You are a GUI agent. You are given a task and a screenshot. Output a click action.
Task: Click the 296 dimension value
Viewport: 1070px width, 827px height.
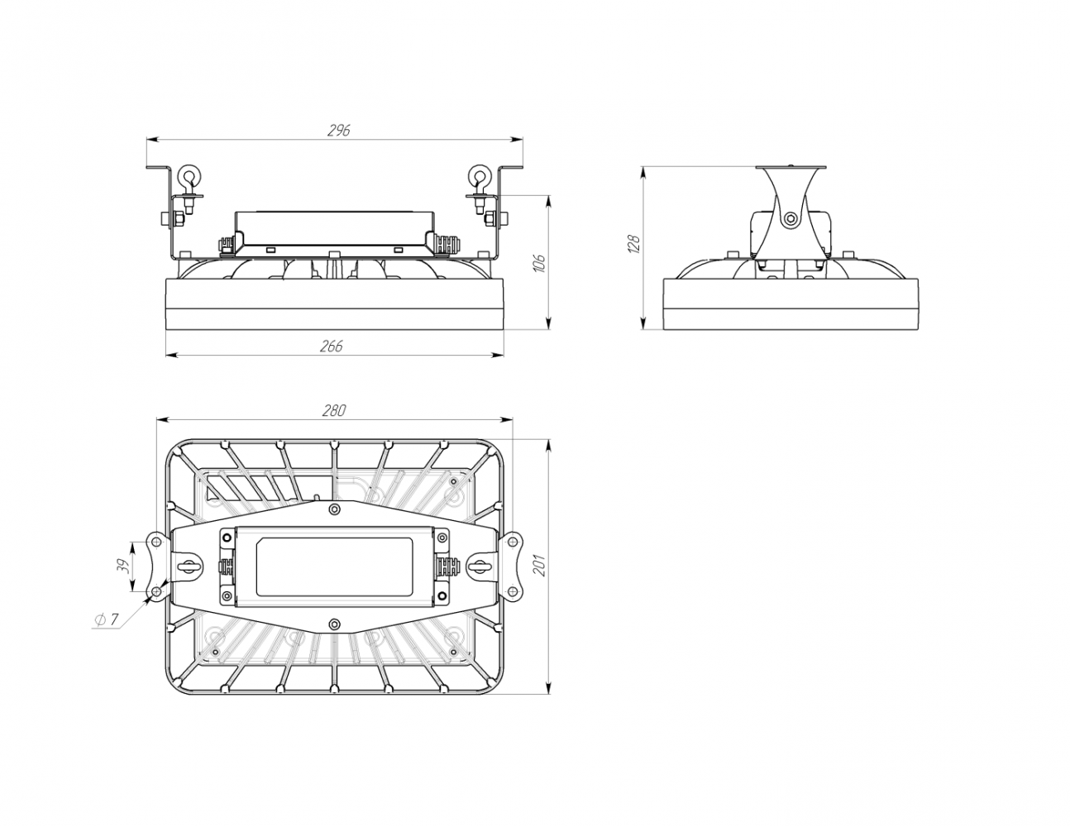click(x=339, y=131)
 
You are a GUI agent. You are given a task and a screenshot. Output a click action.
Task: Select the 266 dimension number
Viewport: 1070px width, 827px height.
click(x=332, y=346)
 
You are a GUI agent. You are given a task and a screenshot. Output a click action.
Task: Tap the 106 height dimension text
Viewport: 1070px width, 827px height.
click(x=539, y=263)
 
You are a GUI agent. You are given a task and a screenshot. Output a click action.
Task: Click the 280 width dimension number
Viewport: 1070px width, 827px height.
click(x=334, y=410)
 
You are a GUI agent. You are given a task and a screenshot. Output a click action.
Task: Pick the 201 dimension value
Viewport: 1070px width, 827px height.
click(x=540, y=565)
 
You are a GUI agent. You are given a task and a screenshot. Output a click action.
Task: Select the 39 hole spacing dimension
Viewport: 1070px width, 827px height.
click(x=125, y=566)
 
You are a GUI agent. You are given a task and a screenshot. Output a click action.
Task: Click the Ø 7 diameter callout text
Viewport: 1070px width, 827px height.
click(x=106, y=619)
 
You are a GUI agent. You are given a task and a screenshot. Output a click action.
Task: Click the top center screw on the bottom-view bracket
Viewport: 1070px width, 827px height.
click(x=335, y=509)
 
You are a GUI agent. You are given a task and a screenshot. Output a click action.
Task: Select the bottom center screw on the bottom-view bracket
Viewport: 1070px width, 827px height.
click(x=335, y=624)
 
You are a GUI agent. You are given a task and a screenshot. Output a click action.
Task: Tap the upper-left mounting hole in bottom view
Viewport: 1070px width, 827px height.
click(x=156, y=542)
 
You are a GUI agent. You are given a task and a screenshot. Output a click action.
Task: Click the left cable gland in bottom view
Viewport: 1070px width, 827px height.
click(x=226, y=566)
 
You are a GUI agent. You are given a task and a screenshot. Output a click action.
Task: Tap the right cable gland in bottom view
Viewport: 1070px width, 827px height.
click(x=444, y=566)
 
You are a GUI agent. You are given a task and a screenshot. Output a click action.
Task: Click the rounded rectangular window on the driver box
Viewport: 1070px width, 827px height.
click(x=334, y=566)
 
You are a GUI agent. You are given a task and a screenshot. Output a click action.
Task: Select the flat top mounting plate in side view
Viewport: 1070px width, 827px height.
click(x=791, y=167)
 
